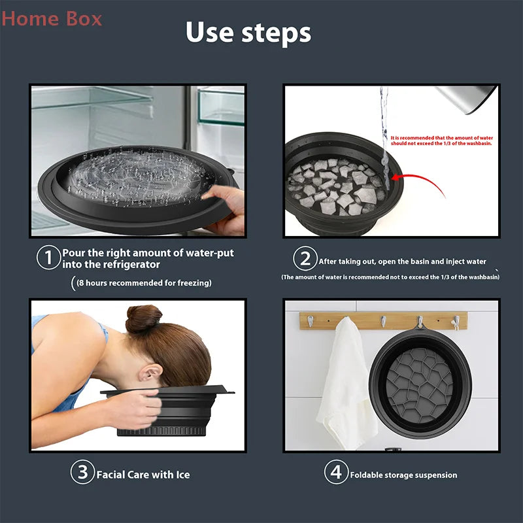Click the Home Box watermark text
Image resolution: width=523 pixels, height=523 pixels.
[52, 18]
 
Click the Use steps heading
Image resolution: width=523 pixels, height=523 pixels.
[248, 33]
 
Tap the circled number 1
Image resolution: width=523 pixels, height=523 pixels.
[48, 258]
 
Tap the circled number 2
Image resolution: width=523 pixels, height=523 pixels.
[305, 260]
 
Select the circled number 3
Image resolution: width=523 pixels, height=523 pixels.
[83, 473]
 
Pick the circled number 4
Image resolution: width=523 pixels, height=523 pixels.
[336, 473]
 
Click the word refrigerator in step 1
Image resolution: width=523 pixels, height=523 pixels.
[127, 264]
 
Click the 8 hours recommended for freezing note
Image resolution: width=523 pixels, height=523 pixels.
[144, 283]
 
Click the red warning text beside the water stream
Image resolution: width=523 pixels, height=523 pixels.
[442, 141]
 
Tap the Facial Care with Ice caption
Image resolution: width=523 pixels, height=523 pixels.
[143, 474]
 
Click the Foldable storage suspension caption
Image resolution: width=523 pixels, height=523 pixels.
[403, 475]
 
